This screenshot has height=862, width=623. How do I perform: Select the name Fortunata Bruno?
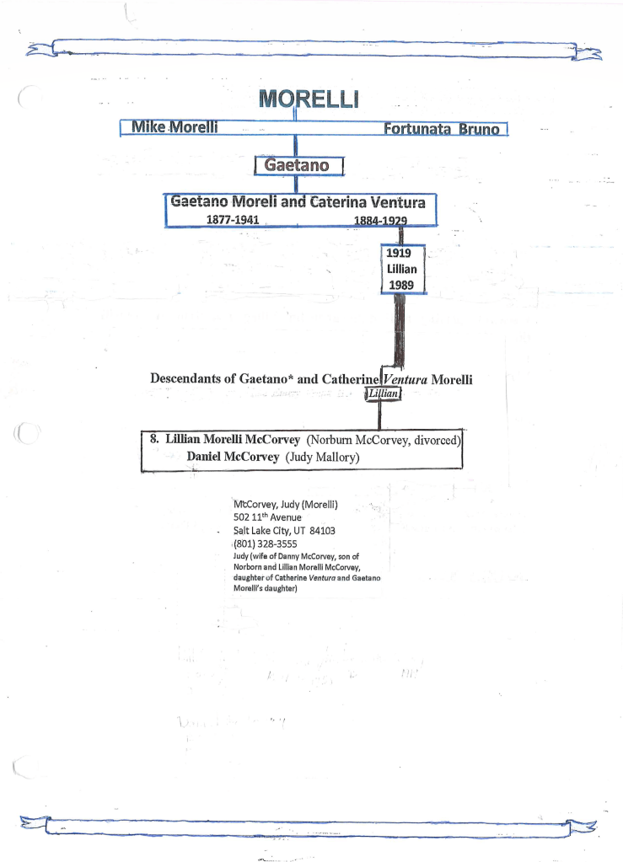click(x=442, y=130)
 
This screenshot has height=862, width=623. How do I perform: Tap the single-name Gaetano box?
click(x=297, y=164)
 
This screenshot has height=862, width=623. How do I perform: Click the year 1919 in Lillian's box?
click(x=399, y=252)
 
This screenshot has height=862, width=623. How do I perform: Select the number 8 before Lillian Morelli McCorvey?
click(x=153, y=440)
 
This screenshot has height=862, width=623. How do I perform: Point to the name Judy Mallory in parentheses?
click(x=323, y=458)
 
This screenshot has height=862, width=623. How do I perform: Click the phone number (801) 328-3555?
click(x=266, y=543)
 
